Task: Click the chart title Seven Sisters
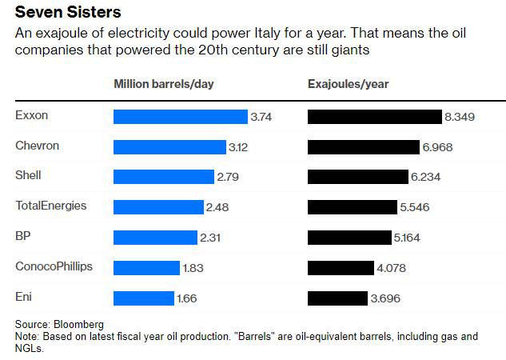point(67,13)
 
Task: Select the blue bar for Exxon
point(181,117)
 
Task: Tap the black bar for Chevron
point(364,147)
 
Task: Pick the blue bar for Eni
point(144,298)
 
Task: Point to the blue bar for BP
point(155,238)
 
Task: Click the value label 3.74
point(261,117)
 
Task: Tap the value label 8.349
point(460,117)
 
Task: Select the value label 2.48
point(217,207)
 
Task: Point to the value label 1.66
point(185,298)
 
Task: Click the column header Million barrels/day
point(164,83)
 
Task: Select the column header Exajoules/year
point(349,83)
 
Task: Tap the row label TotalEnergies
point(50,206)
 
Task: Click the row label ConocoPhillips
point(54,266)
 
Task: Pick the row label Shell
point(28,175)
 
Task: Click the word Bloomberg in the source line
point(80,324)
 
